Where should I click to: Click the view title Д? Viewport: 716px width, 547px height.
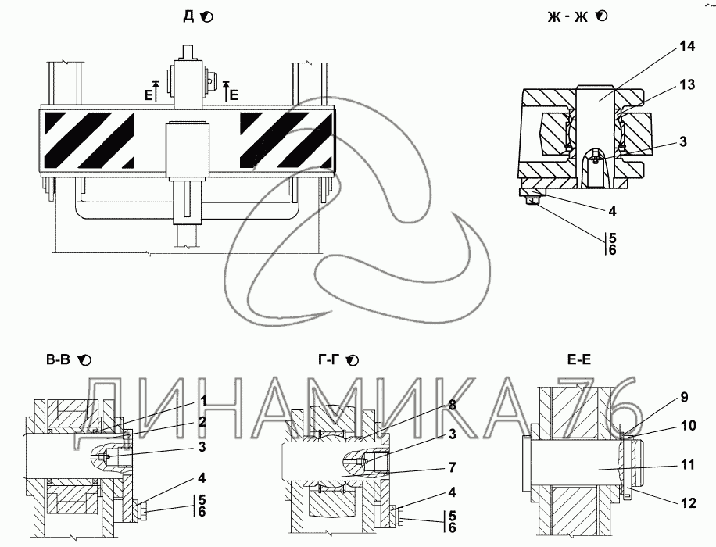pos(188,16)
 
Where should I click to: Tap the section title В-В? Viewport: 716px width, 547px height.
pos(59,359)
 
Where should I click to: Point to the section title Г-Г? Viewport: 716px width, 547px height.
pos(328,359)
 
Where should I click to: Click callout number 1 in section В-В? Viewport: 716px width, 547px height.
pos(202,401)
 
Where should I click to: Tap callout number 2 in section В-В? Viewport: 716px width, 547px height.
pos(202,422)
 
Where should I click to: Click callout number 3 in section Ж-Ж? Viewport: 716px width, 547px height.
pos(683,141)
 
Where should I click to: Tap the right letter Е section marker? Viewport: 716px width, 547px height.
pos(234,93)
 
